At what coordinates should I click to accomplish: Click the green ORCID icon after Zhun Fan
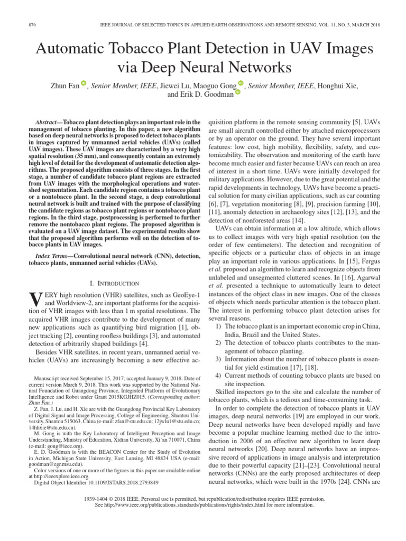(83, 83)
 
